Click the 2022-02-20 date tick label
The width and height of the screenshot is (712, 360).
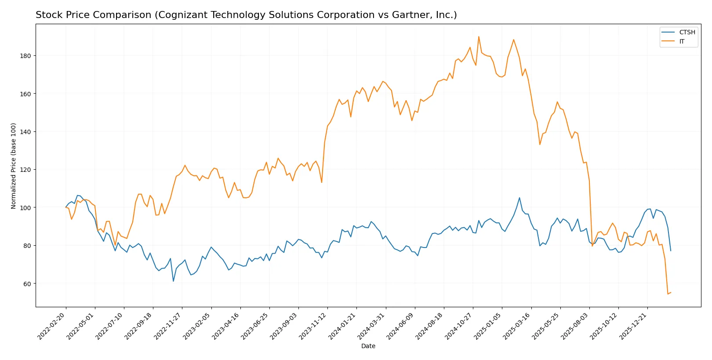[52, 326]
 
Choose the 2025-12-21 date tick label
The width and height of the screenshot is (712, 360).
[633, 326]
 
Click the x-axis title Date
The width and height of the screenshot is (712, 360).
[368, 346]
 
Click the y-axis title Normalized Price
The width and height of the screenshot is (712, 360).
[14, 166]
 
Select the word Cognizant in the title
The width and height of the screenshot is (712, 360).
[179, 15]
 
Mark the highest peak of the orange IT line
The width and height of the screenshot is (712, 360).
[479, 36]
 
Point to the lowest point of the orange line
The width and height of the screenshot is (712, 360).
[668, 294]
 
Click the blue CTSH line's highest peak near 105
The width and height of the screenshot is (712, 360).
[519, 198]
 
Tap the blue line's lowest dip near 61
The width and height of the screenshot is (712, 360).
[173, 281]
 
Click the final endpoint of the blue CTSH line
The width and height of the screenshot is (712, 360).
[671, 251]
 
